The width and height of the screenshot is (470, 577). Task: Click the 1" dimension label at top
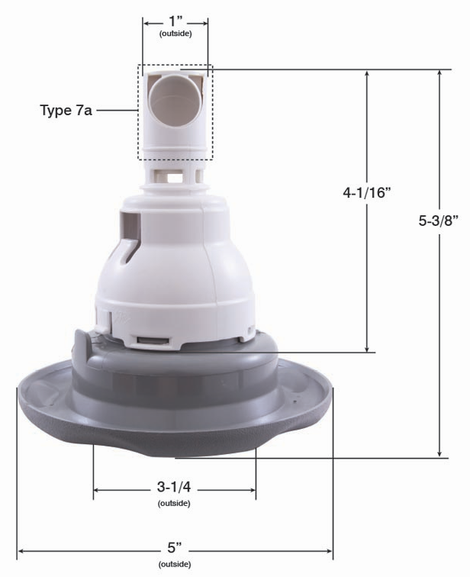point(175,21)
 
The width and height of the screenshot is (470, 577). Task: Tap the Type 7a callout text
point(66,110)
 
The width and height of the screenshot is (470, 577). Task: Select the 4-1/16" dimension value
point(366,192)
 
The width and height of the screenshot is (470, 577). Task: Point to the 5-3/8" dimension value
point(439,221)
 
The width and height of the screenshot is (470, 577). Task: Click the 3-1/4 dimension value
point(174,487)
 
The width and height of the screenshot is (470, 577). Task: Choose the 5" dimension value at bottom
point(175,548)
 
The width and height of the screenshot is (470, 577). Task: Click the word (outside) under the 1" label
point(175,34)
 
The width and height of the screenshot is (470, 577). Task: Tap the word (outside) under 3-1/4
point(174,503)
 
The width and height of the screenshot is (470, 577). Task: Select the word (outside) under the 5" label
point(175,564)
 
